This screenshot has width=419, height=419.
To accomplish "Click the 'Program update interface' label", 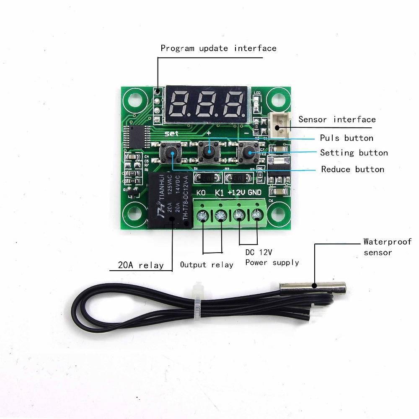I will click(x=218, y=48).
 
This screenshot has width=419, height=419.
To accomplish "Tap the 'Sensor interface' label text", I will click(x=337, y=119).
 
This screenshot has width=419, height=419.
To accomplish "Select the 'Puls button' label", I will click(x=346, y=138).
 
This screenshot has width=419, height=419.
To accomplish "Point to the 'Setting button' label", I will click(x=354, y=153).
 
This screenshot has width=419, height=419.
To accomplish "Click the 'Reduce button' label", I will click(x=352, y=169).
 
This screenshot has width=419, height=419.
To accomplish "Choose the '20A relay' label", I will click(x=140, y=265).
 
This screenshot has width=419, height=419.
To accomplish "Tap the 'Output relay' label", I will click(x=207, y=264).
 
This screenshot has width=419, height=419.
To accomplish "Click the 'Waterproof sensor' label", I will click(x=387, y=247).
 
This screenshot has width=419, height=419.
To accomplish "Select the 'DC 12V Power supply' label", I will click(x=272, y=258).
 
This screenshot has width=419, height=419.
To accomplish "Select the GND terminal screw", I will click(x=256, y=215).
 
